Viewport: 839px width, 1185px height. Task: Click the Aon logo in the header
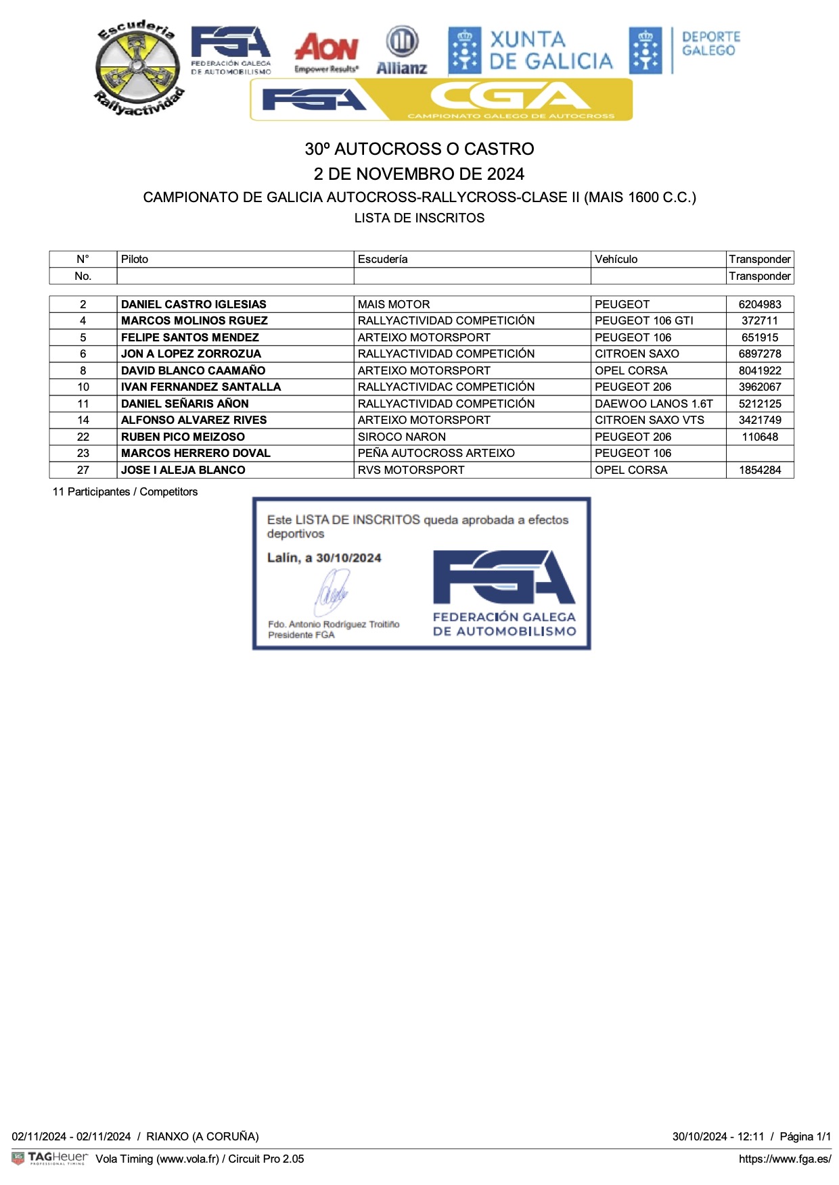click(x=326, y=51)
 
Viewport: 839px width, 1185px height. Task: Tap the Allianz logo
click(x=401, y=50)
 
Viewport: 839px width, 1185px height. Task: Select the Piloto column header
click(x=135, y=259)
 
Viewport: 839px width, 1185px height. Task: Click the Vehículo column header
click(x=616, y=259)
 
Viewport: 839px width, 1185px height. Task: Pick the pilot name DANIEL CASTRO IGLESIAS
click(x=194, y=304)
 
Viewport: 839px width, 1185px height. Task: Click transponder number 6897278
click(x=759, y=354)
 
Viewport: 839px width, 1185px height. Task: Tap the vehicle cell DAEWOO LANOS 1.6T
click(x=654, y=404)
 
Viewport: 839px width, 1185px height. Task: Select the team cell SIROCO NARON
click(x=401, y=437)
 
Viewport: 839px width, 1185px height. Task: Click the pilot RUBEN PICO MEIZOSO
click(x=183, y=437)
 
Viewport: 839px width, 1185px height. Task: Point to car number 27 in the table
click(x=83, y=470)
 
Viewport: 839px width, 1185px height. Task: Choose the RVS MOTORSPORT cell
click(x=411, y=470)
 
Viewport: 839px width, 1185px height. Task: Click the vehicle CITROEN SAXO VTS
click(x=649, y=420)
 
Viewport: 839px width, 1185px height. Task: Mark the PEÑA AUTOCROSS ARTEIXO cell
click(x=436, y=453)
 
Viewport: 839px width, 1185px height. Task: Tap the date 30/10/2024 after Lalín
click(x=348, y=558)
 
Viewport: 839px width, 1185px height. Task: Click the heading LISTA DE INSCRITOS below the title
click(x=419, y=218)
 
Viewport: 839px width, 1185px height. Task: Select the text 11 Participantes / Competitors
click(x=125, y=491)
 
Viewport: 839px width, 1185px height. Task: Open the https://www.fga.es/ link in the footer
click(x=784, y=1159)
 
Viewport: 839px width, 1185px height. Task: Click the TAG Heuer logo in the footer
click(x=51, y=1158)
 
